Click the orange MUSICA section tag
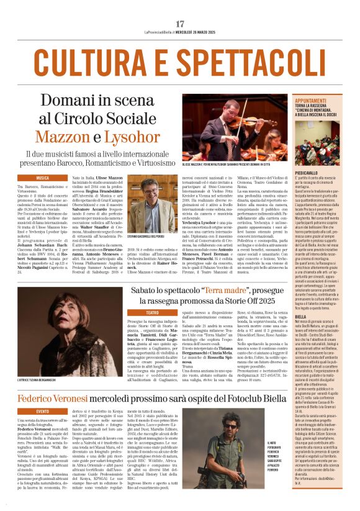click(x=42, y=178)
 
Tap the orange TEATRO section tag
click(x=153, y=312)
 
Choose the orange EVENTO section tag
click(x=42, y=411)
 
